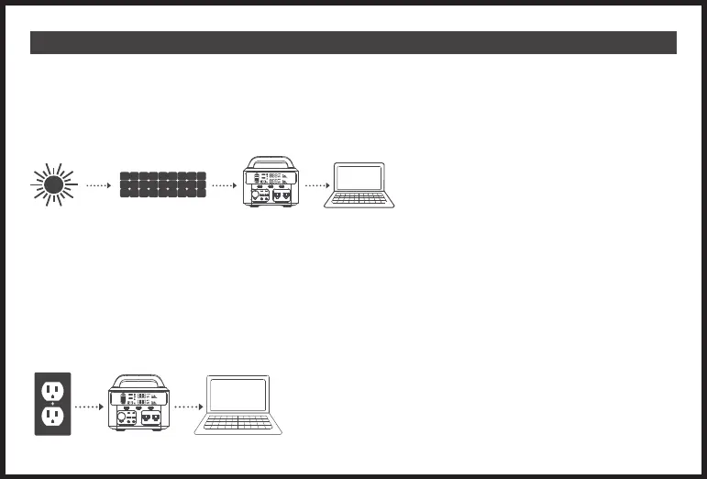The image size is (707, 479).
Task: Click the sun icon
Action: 54,184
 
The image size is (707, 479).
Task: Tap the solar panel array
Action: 163,184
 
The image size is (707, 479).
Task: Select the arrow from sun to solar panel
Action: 98,185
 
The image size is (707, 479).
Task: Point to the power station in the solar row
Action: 270,187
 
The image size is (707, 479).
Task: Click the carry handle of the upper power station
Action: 270,159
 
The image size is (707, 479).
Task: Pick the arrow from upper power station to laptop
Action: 316,185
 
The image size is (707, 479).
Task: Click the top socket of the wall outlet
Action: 52,389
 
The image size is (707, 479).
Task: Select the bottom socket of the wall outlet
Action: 52,418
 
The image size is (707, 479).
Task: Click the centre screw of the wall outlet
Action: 52,404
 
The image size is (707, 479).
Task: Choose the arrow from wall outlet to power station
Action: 86,405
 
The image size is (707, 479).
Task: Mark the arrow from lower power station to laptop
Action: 188,405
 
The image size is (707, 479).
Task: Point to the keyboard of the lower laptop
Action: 238,425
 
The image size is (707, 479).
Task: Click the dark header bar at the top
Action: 353,43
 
